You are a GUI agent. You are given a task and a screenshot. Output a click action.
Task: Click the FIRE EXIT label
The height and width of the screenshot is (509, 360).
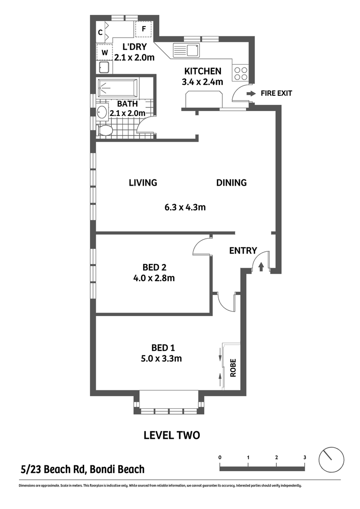coord(276,94)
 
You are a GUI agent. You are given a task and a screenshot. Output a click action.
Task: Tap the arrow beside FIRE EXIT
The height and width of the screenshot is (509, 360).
coord(251,94)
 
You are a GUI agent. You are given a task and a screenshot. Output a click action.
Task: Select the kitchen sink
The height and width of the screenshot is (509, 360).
coord(186,50)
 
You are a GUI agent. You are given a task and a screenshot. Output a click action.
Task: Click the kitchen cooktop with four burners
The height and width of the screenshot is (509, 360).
coord(240,73)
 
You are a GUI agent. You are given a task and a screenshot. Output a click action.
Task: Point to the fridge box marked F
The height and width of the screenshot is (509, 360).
coord(143,29)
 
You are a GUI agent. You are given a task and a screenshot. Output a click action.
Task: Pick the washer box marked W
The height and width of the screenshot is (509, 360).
coord(104,52)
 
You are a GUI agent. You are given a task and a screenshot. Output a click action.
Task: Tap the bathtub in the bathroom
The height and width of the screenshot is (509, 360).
coord(117,87)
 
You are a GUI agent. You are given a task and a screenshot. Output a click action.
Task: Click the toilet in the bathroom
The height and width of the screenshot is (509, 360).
coord(104,130)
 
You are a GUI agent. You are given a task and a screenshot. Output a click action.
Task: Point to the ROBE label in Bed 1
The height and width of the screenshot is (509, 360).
coord(233,368)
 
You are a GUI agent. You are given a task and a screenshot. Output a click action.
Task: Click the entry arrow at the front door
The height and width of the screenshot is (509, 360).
coord(261,267)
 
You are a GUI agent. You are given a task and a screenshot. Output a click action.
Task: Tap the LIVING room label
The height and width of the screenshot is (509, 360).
coord(143,183)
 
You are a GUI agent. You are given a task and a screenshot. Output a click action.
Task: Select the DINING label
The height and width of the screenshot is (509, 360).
coord(231,183)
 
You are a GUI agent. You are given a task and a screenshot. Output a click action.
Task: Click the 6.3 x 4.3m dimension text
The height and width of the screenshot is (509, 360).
coord(185,207)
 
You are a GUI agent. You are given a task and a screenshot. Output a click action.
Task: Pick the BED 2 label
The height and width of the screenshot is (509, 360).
coord(154,268)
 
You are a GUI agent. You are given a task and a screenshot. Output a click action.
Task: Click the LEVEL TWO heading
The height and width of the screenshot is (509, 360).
coord(172,435)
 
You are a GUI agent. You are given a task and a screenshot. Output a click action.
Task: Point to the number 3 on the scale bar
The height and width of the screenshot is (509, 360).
coord(305,457)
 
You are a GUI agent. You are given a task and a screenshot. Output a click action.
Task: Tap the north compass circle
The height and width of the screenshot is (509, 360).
coord(331,460)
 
